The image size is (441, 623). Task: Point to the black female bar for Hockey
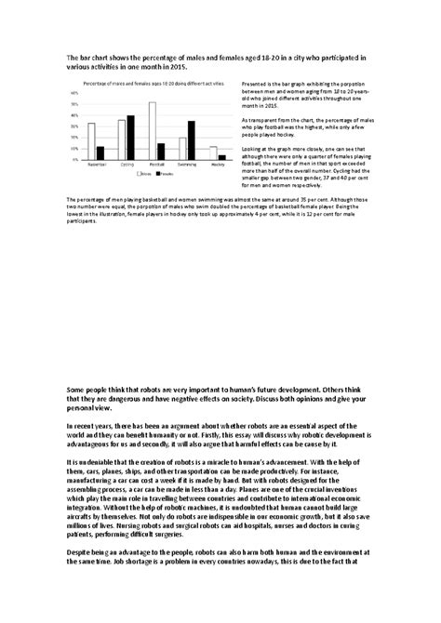(221, 157)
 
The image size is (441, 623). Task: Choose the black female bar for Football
(161, 152)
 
